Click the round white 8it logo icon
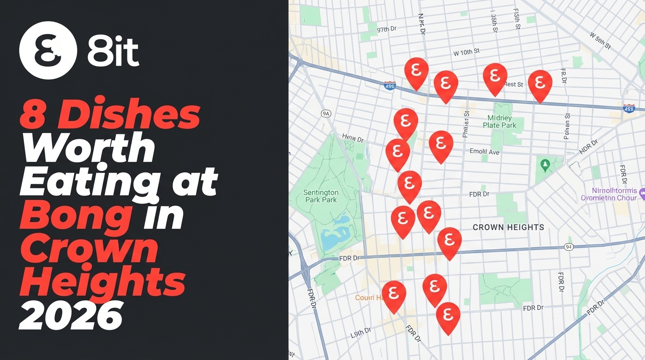(x=48, y=50)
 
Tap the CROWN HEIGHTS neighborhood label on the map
(x=508, y=227)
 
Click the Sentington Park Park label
(x=321, y=196)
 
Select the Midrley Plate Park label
(x=499, y=121)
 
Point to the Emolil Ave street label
(x=484, y=152)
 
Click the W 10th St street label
(x=466, y=52)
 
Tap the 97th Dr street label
(x=387, y=29)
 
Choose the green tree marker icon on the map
(x=545, y=165)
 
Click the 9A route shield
(x=326, y=113)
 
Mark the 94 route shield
(x=569, y=247)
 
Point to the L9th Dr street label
(x=361, y=332)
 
